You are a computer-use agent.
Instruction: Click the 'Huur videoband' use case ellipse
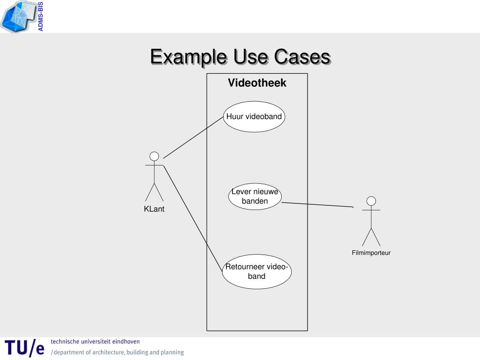pyautogui.click(x=254, y=117)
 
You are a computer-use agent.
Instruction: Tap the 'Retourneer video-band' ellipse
pyautogui.click(x=256, y=272)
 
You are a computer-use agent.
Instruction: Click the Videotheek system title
pyautogui.click(x=257, y=83)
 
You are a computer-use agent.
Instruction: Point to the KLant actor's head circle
pyautogui.click(x=154, y=156)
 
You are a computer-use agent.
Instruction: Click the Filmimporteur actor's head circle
pyautogui.click(x=371, y=201)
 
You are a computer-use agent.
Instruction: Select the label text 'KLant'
pyautogui.click(x=154, y=209)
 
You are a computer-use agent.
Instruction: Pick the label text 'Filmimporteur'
pyautogui.click(x=371, y=253)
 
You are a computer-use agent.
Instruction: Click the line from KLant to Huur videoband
pyautogui.click(x=193, y=138)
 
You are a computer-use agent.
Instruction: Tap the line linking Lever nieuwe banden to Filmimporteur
pyautogui.click(x=317, y=204)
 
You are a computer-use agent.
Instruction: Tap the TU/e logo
pyautogui.click(x=24, y=348)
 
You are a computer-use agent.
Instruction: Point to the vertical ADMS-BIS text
pyautogui.click(x=41, y=17)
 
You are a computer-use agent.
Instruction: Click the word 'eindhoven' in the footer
pyautogui.click(x=126, y=342)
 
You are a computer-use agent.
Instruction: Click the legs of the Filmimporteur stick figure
pyautogui.click(x=371, y=237)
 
